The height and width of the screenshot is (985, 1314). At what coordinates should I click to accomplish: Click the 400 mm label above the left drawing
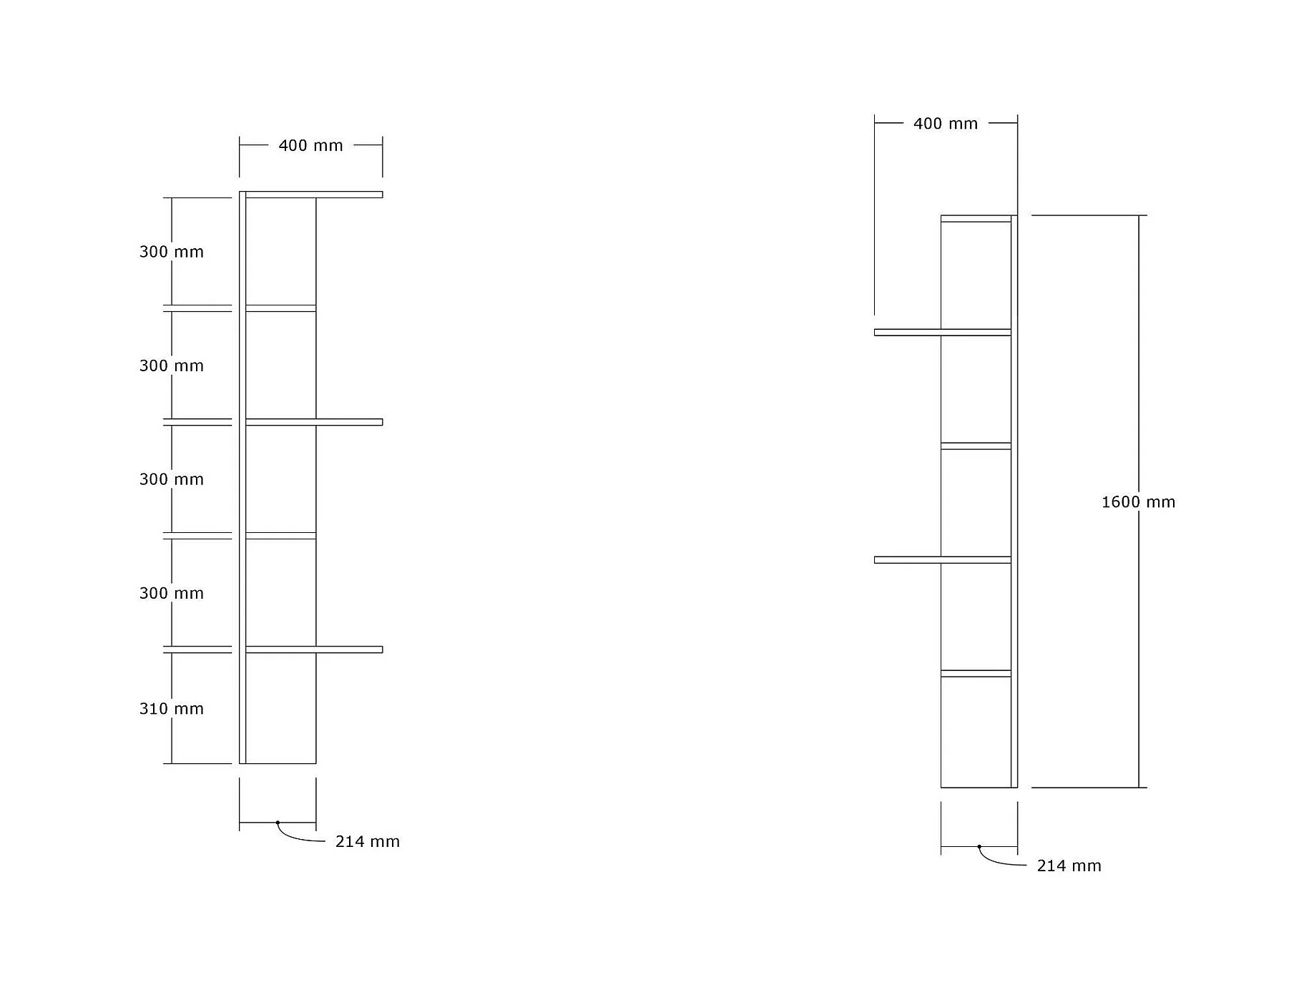310,146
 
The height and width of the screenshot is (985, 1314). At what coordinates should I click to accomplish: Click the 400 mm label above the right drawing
945,124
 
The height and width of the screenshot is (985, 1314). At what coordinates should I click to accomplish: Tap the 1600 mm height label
1137,502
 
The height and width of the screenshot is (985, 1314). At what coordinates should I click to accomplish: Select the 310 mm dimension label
172,709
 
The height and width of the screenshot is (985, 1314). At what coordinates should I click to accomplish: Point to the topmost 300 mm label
172,252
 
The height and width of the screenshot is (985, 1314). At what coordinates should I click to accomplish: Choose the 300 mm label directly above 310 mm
172,593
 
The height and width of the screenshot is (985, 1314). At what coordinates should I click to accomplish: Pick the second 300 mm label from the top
172,366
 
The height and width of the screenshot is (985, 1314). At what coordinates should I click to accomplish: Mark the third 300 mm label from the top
172,479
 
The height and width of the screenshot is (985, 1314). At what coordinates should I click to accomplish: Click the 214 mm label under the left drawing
367,842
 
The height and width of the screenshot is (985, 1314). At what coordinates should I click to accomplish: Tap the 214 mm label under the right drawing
1069,866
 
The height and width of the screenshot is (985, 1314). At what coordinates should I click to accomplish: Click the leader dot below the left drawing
278,823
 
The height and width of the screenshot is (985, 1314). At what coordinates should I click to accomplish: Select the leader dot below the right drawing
979,847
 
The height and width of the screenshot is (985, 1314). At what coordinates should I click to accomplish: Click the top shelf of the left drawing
313,195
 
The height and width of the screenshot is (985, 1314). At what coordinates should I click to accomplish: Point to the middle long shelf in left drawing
313,422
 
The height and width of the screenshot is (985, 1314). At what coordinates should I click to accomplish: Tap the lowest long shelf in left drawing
313,650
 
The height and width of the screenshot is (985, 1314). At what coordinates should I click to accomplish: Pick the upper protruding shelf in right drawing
942,332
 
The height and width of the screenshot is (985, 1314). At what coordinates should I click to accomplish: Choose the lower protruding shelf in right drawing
942,560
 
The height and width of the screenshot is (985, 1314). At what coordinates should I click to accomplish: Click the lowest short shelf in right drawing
976,673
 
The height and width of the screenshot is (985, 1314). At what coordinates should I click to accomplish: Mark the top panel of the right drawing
976,218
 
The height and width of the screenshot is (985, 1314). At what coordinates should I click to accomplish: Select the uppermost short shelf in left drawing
280,308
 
